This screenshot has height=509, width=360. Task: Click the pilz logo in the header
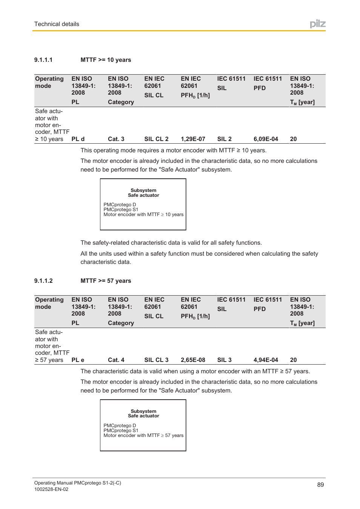(x=317, y=24)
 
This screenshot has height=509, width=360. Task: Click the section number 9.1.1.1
(x=43, y=60)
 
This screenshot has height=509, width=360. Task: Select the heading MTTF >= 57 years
(x=106, y=281)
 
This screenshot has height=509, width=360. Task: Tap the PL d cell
(x=78, y=139)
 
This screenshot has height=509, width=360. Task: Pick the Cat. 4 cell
(x=116, y=360)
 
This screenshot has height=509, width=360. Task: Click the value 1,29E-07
(x=193, y=139)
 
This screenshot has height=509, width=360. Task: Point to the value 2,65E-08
(x=193, y=360)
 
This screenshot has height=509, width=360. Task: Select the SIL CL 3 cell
(x=156, y=360)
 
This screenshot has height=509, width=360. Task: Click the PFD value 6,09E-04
(x=266, y=139)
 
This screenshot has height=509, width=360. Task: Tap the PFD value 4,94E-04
(x=266, y=360)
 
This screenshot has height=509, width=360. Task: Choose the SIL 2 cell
(x=224, y=139)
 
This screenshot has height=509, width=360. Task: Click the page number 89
(x=320, y=485)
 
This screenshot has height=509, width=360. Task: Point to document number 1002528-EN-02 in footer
(x=51, y=489)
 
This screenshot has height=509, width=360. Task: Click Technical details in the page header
(x=57, y=24)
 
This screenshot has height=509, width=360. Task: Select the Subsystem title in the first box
(x=143, y=190)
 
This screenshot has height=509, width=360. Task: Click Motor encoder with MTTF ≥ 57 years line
(x=143, y=435)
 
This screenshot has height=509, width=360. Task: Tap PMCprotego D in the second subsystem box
(x=120, y=426)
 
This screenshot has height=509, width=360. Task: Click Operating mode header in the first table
(x=49, y=82)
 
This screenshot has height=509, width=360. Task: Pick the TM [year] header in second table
(x=302, y=323)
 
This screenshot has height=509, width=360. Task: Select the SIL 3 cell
(x=224, y=360)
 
